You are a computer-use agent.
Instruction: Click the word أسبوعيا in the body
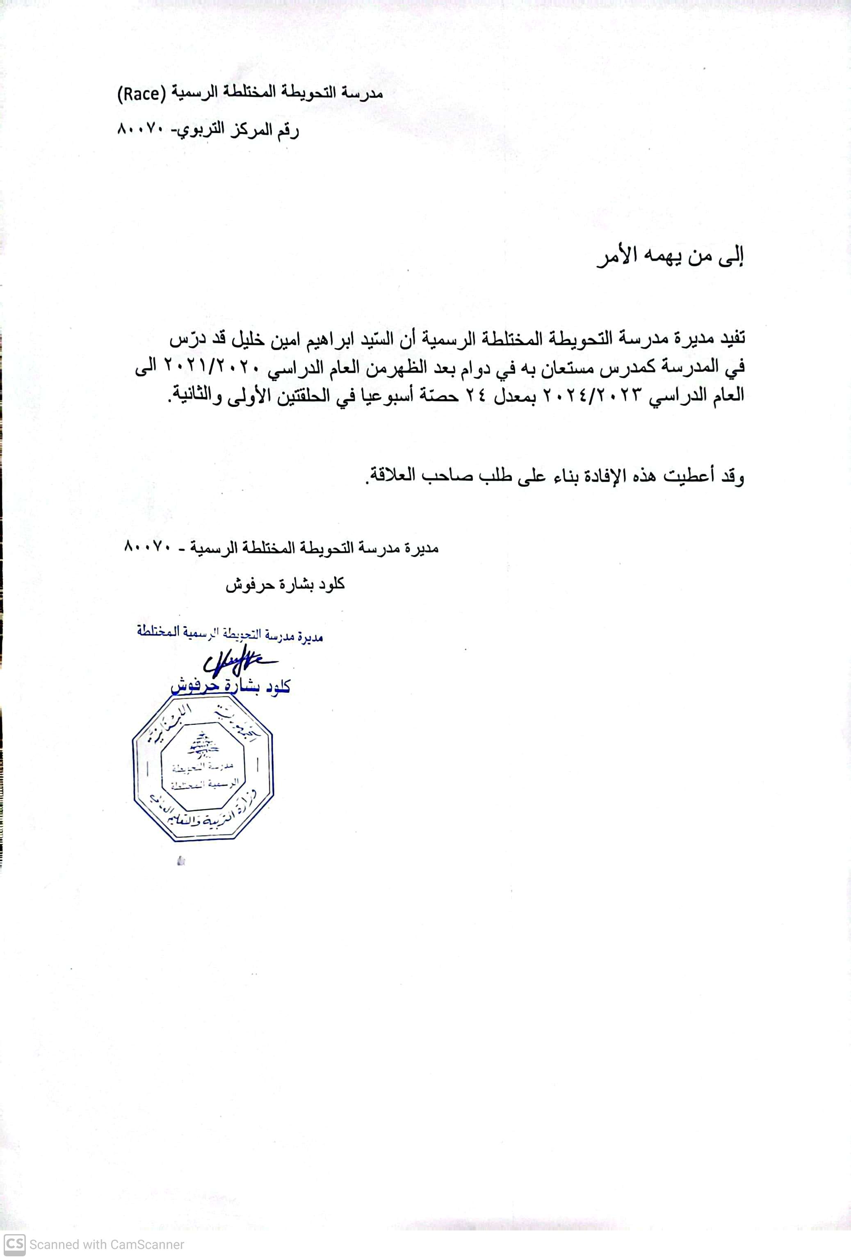(382, 394)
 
